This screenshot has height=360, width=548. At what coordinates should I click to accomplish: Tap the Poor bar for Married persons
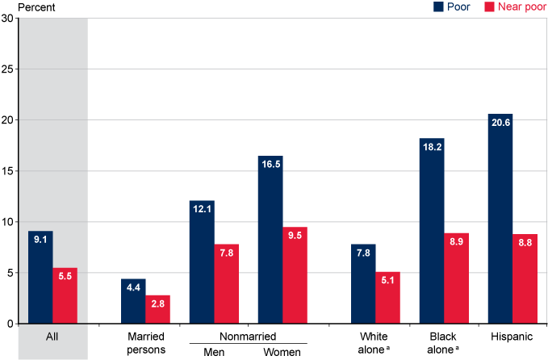(x=133, y=301)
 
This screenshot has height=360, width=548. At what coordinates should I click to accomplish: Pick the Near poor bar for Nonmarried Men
(x=226, y=283)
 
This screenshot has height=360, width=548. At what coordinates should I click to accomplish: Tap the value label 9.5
(x=295, y=235)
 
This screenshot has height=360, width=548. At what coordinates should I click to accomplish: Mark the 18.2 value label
(x=432, y=146)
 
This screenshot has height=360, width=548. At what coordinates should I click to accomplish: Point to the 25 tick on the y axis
(x=10, y=69)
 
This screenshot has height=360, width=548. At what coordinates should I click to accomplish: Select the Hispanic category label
(x=500, y=336)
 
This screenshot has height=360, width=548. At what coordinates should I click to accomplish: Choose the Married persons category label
(x=145, y=342)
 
